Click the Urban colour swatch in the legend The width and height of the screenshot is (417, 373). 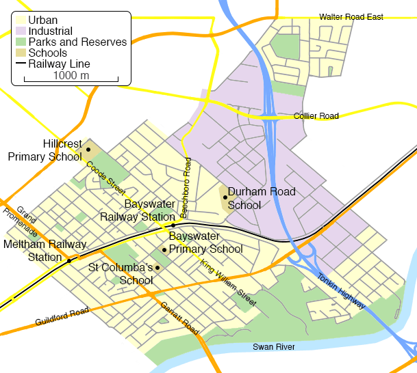click(21, 20)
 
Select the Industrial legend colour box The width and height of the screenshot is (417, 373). click(21, 31)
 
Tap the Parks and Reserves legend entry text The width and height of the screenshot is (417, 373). click(77, 42)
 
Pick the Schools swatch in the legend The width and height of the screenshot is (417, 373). click(21, 53)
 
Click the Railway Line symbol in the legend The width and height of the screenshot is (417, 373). click(21, 64)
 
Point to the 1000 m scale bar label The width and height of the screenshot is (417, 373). click(71, 75)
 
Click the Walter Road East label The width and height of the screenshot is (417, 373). click(351, 17)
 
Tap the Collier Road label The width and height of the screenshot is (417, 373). click(316, 117)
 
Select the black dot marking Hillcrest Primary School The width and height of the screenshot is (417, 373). click(88, 149)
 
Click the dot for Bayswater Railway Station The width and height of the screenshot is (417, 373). click(173, 225)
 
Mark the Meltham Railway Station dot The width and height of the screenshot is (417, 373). click(69, 260)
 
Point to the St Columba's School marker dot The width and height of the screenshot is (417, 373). click(157, 267)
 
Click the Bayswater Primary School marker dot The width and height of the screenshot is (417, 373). click(164, 249)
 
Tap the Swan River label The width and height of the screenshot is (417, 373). click(273, 348)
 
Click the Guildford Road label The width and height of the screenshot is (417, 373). click(62, 317)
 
